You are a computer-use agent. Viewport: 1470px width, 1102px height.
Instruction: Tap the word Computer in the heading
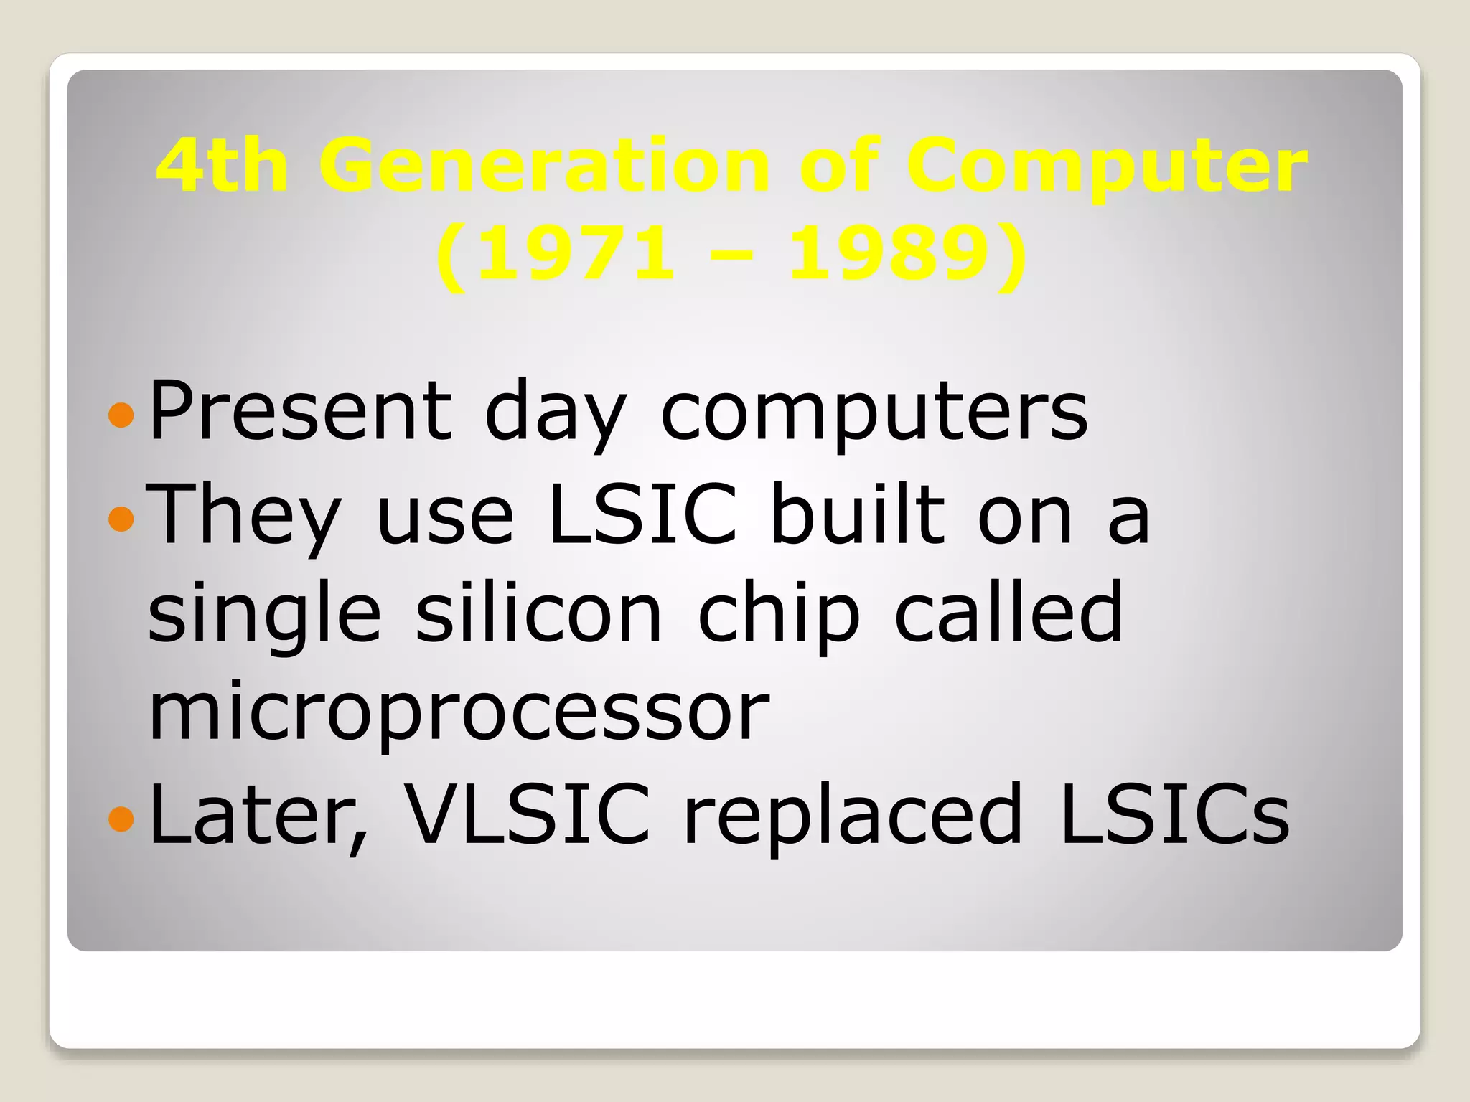click(1105, 166)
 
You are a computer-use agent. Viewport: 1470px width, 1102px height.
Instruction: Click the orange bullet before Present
click(121, 415)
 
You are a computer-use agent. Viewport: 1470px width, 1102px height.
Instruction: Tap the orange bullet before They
click(121, 518)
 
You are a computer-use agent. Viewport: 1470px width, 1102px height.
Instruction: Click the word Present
click(300, 410)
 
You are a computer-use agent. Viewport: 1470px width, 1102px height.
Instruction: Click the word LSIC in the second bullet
click(642, 514)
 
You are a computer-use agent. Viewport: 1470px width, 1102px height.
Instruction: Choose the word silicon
click(538, 613)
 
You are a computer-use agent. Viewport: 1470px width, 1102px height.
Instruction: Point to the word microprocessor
click(459, 712)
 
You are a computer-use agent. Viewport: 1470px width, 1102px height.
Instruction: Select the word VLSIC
click(528, 814)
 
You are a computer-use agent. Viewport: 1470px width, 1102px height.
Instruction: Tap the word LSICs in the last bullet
click(1174, 814)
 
